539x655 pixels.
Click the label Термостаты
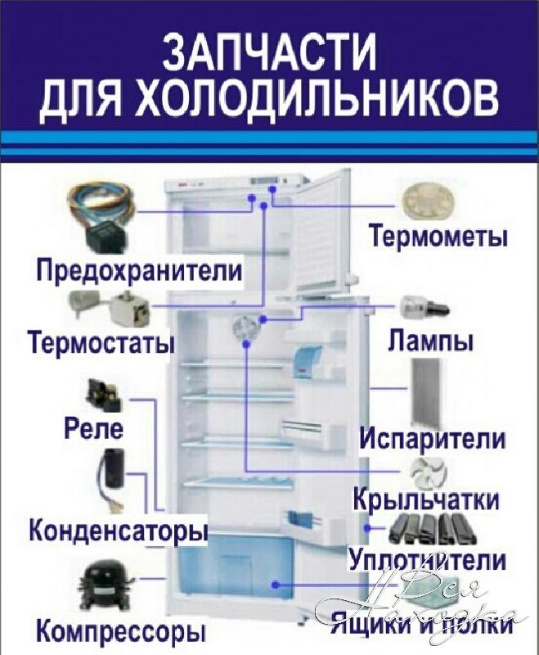click(101, 340)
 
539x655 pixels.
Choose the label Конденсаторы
click(118, 531)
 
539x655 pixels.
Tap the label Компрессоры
click(120, 632)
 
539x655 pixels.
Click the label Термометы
click(438, 237)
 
